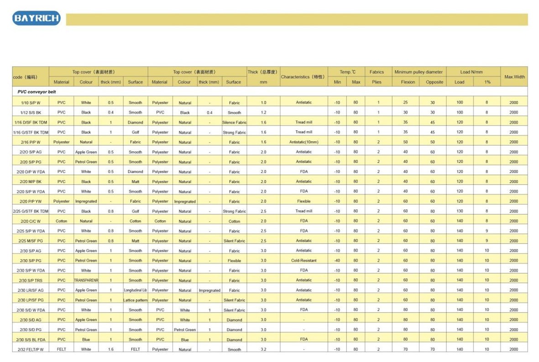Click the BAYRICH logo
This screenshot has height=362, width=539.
[36, 18]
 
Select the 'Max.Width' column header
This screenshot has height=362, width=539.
[514, 77]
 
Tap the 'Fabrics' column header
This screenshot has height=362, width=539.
[377, 72]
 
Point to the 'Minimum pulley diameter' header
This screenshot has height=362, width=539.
[419, 72]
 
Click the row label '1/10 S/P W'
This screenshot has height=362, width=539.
[30, 102]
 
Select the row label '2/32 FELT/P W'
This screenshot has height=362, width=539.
[30, 349]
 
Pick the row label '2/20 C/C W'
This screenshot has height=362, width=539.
[30, 221]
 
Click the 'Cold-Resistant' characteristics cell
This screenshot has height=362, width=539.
[304, 261]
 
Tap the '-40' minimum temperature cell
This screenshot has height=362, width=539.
[337, 261]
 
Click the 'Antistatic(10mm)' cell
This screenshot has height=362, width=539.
[304, 142]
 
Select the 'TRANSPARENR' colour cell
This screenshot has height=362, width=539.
[86, 280]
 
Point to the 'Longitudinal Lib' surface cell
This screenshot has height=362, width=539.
[135, 290]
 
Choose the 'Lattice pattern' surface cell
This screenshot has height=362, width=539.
[135, 300]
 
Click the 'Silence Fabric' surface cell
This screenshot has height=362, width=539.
[234, 122]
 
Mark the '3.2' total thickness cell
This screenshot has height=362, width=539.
[263, 349]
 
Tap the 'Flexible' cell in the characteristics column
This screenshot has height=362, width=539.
[304, 201]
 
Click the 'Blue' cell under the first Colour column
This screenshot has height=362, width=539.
[86, 340]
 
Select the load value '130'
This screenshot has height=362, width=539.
[460, 211]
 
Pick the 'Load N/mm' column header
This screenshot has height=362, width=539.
[473, 72]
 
